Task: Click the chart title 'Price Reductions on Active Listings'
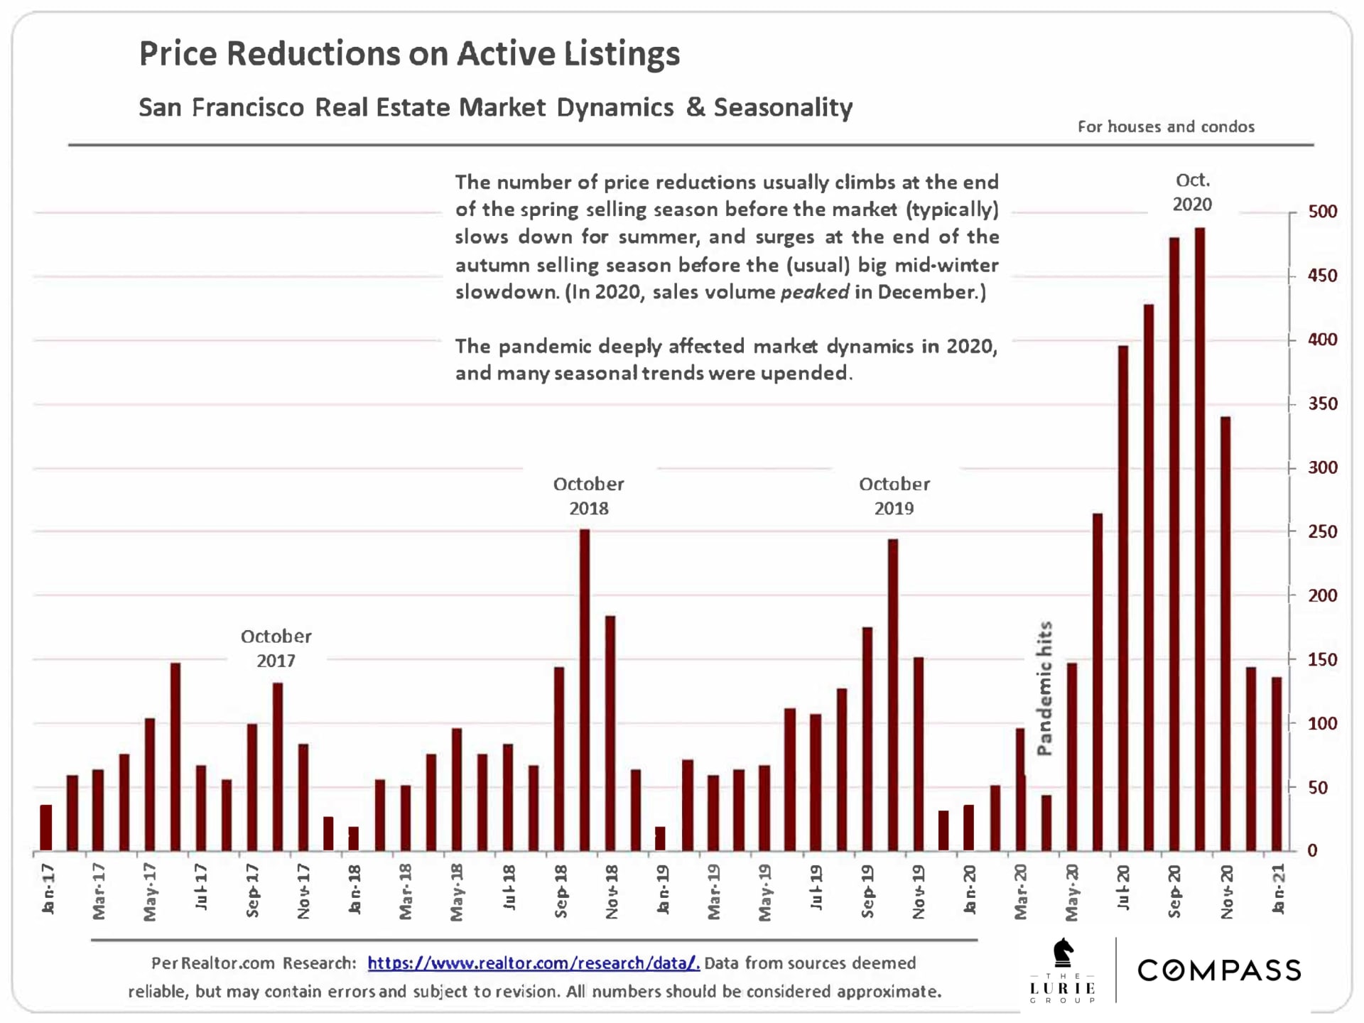409,54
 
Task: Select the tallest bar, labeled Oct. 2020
1200,539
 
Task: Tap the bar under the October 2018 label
585,690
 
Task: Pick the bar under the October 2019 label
893,695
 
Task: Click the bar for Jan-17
46,828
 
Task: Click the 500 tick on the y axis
1322,212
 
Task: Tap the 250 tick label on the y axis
1322,531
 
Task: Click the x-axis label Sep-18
561,892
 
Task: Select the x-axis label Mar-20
1021,892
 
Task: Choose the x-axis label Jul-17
201,887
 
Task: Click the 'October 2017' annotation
276,648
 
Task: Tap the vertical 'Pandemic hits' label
1044,688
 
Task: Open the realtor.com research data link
534,963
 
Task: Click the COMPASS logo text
1219,970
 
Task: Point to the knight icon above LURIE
1063,952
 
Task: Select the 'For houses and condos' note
1166,126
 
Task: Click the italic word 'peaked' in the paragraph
815,292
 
